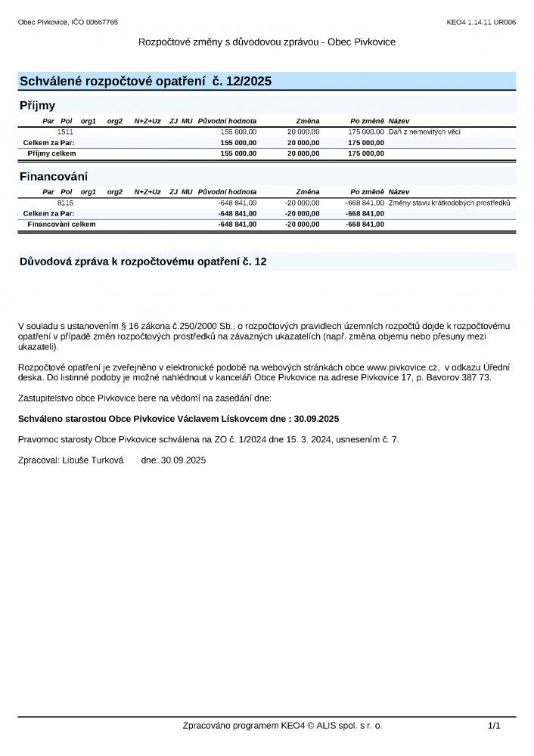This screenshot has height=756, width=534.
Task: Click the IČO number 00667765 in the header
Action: tap(103, 23)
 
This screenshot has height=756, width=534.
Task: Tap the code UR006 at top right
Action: tap(505, 23)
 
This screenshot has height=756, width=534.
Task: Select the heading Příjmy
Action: tap(37, 106)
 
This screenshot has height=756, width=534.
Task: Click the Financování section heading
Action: tap(54, 177)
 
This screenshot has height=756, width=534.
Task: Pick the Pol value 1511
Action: tap(65, 132)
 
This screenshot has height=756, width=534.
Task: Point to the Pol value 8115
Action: tap(65, 203)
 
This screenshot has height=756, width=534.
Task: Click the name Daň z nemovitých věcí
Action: tap(424, 132)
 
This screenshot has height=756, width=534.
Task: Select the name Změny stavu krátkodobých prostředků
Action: tap(450, 203)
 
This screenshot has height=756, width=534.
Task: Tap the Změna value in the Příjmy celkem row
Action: tap(303, 153)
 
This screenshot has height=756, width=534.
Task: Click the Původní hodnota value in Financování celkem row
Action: tap(238, 224)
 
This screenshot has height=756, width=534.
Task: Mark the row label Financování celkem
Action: tap(61, 224)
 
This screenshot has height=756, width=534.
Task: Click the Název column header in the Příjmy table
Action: tap(399, 121)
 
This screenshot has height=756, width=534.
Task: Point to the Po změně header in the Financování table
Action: tap(367, 192)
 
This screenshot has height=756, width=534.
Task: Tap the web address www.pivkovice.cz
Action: tap(403, 367)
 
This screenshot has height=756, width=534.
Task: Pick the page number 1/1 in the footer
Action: tap(495, 726)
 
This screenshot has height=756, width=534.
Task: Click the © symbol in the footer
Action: tap(311, 726)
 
